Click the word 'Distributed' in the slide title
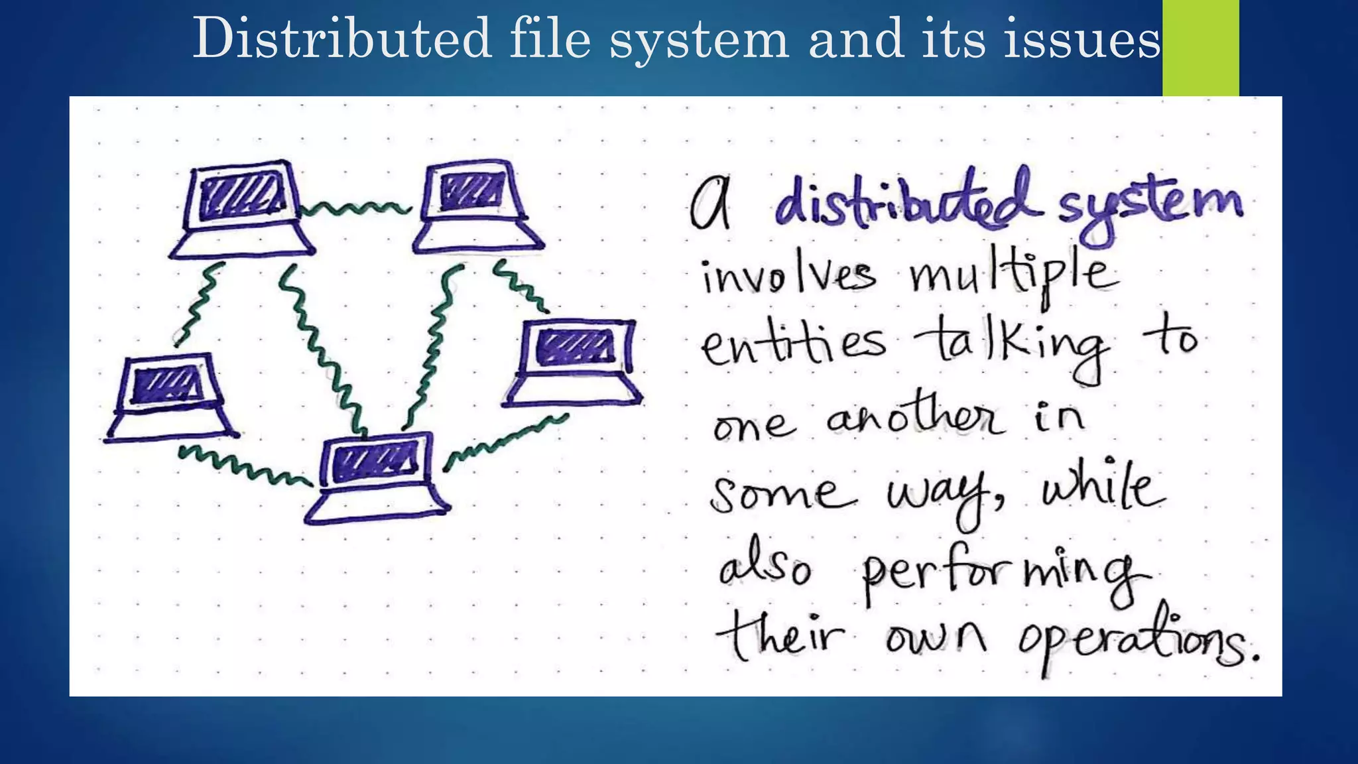[341, 38]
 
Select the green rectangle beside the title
[1200, 48]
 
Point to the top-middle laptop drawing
[476, 206]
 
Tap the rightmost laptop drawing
[574, 361]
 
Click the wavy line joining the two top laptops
[355, 208]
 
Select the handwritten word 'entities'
[792, 345]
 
